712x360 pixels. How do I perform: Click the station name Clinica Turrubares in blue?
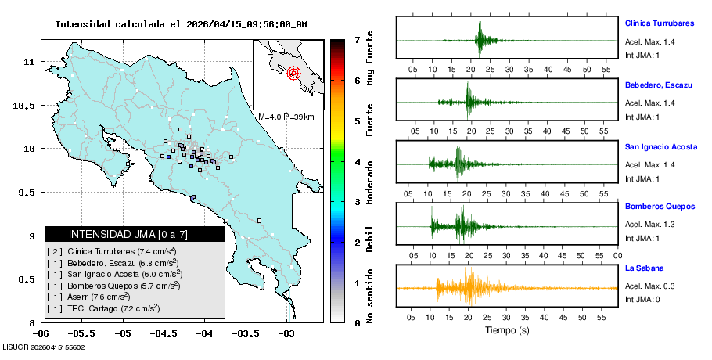pos(664,23)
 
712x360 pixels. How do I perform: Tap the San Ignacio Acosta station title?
pos(662,146)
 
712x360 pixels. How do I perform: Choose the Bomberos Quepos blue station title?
pos(660,207)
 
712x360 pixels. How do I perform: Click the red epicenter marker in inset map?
pos(294,74)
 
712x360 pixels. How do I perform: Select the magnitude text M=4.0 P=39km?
pos(286,117)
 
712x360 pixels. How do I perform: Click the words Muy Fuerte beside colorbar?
pos(369,59)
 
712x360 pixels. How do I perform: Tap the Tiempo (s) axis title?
pos(507,331)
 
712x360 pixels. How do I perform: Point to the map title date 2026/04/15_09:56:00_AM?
pos(246,24)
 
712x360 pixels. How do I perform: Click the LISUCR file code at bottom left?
pos(45,347)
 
